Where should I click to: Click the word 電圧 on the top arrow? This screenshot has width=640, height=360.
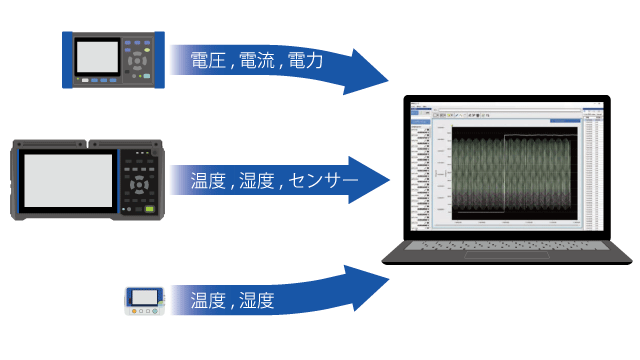(208, 62)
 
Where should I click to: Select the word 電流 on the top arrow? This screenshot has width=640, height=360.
(256, 62)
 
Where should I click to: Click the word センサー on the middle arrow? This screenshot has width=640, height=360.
(322, 182)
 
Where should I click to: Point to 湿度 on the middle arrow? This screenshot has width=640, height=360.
(256, 182)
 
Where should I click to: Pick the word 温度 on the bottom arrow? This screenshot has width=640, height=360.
(208, 299)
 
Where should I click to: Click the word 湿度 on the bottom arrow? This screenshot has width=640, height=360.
(256, 299)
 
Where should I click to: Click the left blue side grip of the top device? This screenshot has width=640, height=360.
(68, 59)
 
